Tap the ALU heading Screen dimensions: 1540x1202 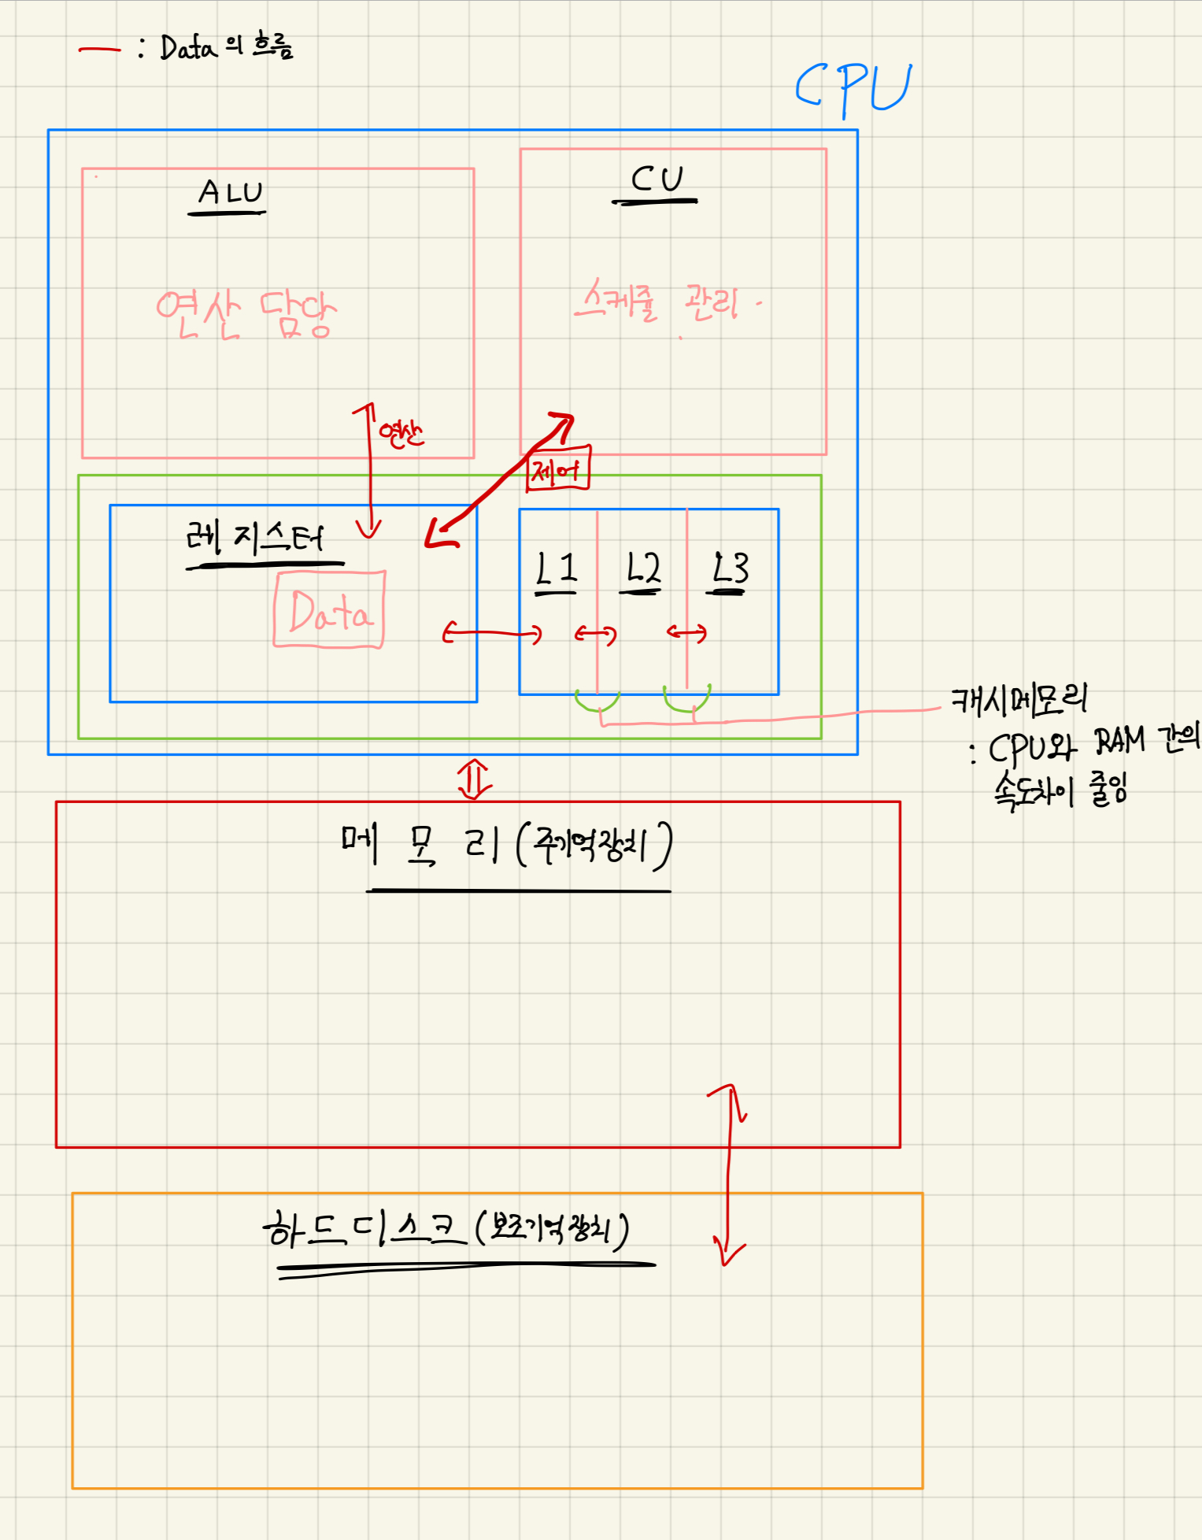pyautogui.click(x=230, y=193)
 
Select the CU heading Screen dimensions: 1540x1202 pyautogui.click(x=656, y=180)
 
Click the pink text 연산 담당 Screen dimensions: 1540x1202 pyautogui.click(x=246, y=314)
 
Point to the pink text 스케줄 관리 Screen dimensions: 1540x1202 pyautogui.click(x=657, y=302)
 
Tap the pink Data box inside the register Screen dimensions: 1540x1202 pyautogui.click(x=329, y=610)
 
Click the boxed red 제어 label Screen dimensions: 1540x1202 pyautogui.click(x=557, y=471)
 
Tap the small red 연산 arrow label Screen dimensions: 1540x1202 pyautogui.click(x=401, y=431)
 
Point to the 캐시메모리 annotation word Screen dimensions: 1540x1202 pyautogui.click(x=1019, y=699)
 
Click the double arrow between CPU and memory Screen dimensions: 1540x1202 pyautogui.click(x=474, y=779)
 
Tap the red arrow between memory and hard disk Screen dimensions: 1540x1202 pyautogui.click(x=729, y=1173)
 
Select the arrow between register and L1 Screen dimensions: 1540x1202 pyautogui.click(x=492, y=632)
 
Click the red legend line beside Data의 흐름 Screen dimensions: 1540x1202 pyautogui.click(x=100, y=50)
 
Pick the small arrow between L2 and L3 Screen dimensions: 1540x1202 pyautogui.click(x=686, y=631)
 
